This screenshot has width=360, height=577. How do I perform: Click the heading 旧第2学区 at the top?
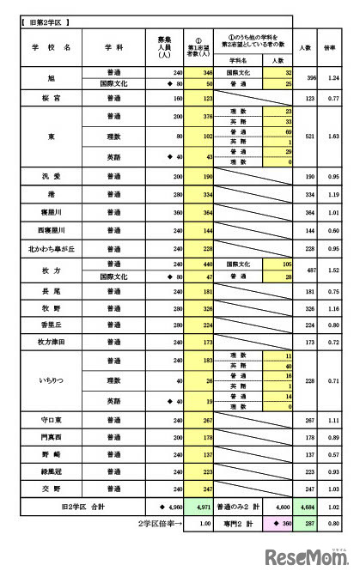point(45,18)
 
